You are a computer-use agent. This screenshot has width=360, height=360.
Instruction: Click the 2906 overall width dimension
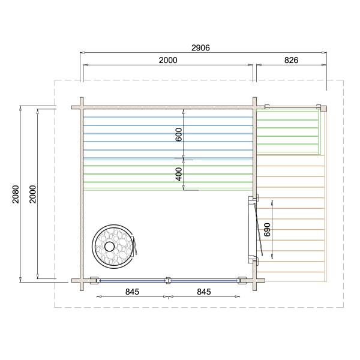[200, 48]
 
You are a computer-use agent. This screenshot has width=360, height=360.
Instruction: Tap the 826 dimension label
[291, 60]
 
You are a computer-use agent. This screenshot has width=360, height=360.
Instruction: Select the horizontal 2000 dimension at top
[168, 60]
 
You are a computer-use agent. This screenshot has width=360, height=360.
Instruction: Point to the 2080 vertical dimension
[16, 194]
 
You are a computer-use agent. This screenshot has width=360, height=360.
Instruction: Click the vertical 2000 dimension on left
[33, 194]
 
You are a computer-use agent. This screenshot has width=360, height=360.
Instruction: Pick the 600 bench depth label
[179, 134]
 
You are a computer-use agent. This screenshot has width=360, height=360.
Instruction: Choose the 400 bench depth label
[179, 174]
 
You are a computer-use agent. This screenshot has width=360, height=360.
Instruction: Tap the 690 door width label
[267, 230]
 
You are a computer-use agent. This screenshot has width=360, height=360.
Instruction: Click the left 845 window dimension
[132, 292]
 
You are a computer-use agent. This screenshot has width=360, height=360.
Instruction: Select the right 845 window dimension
[204, 292]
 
